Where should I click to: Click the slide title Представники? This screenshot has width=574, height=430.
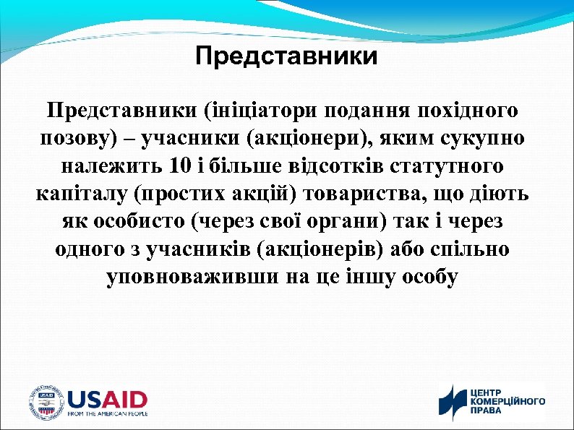click(x=286, y=56)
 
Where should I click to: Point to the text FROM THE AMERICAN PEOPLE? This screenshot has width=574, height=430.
click(x=107, y=414)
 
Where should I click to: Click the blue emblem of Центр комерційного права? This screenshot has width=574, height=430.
click(x=453, y=403)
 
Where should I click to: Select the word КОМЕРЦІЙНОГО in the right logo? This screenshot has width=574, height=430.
click(x=508, y=400)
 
